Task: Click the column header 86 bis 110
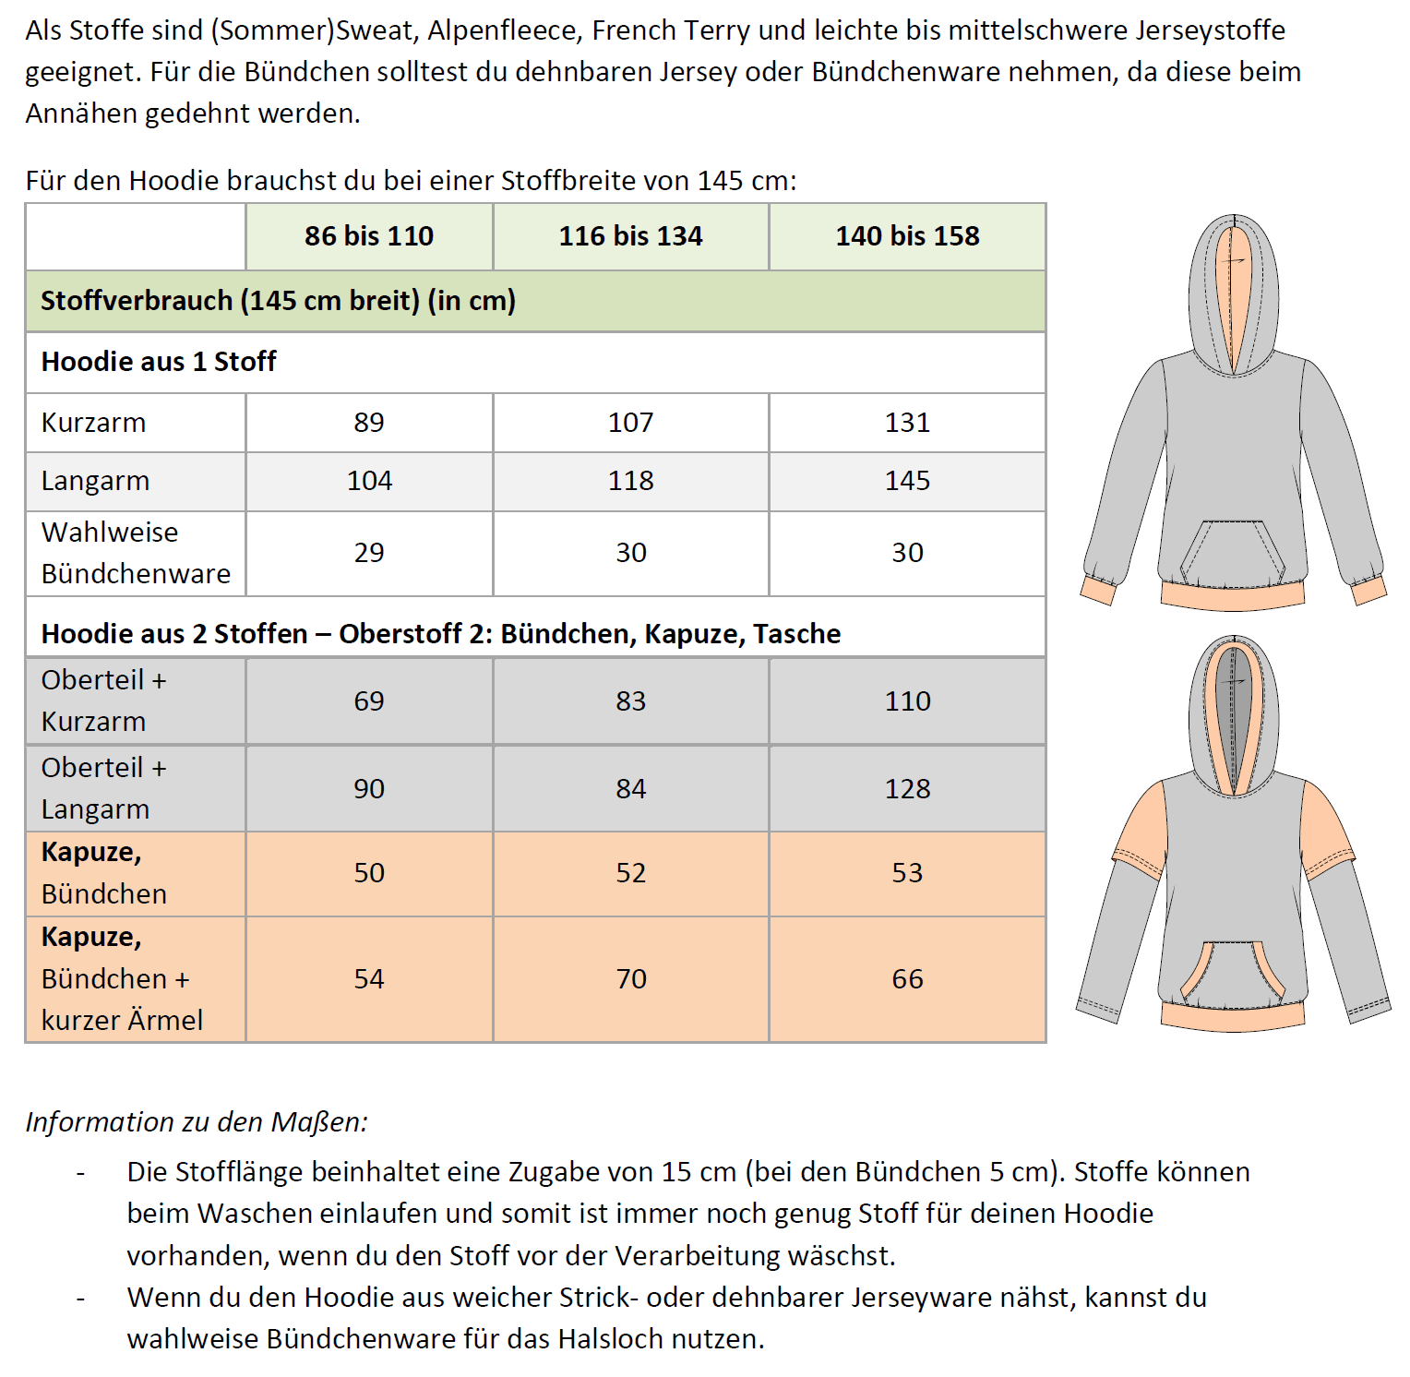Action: (x=369, y=236)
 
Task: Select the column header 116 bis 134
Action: (x=630, y=236)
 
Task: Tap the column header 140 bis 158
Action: (x=907, y=236)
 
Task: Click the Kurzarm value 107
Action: (x=630, y=423)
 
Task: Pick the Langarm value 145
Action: (x=907, y=481)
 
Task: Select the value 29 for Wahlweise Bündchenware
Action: (x=369, y=553)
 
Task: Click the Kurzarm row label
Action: (x=93, y=423)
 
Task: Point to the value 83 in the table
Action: (x=630, y=701)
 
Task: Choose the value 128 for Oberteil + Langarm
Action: (x=907, y=789)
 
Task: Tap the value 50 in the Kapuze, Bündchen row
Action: (x=369, y=873)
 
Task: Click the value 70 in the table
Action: (x=630, y=979)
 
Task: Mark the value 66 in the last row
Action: (x=907, y=979)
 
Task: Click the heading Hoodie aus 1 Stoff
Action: (x=159, y=362)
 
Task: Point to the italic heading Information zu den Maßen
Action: (x=197, y=1122)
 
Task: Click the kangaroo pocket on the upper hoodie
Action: (x=1233, y=554)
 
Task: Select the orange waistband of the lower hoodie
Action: (x=1233, y=1015)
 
